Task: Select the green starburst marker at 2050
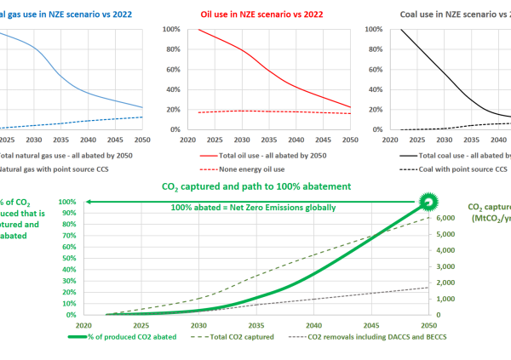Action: pyautogui.click(x=429, y=203)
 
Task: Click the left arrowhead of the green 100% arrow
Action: pyautogui.click(x=86, y=203)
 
